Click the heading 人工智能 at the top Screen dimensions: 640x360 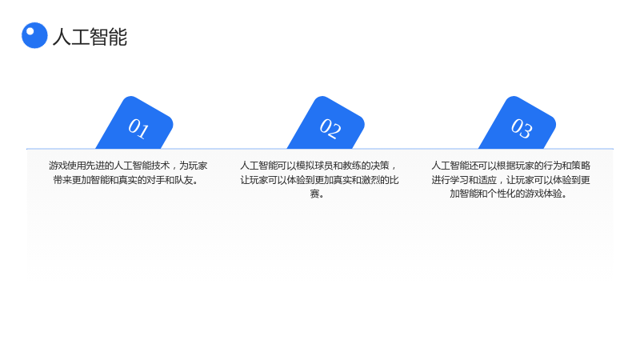[90, 37]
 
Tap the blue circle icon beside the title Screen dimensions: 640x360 [34, 35]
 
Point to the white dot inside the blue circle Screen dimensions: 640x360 [30, 31]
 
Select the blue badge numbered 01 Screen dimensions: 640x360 [134, 123]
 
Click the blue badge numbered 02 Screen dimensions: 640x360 [326, 123]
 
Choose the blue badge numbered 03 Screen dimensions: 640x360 [518, 123]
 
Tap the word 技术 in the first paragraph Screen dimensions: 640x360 [161, 166]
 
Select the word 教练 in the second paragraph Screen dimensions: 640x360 [352, 166]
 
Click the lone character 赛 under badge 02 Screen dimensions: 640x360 [314, 194]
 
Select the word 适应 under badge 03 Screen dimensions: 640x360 [487, 180]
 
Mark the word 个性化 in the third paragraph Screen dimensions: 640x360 [502, 194]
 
